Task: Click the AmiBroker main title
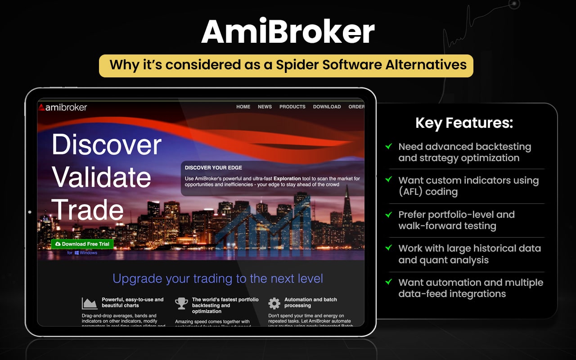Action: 288,31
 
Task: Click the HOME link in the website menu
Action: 243,107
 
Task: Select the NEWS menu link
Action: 265,107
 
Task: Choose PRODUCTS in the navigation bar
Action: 292,107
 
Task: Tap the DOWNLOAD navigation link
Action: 327,107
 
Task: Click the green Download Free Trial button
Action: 82,244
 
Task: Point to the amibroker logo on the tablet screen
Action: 63,107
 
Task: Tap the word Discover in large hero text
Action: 107,145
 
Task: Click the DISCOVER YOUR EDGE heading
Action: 213,168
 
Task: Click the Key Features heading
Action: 464,123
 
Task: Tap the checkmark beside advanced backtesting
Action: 388,146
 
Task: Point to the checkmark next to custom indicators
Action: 388,180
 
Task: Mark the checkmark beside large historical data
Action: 388,247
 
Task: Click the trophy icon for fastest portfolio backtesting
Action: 181,303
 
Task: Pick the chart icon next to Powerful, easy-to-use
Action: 90,303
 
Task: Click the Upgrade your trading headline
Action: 218,279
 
